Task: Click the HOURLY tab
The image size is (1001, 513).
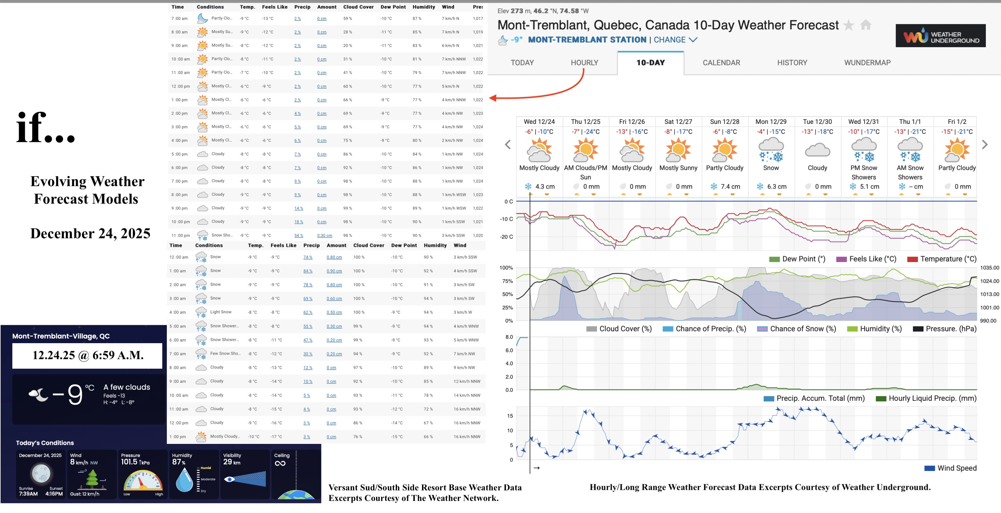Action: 584,63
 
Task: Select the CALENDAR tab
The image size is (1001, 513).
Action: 721,63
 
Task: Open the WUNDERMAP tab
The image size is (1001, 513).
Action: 867,63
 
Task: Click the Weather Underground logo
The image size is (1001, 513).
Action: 940,36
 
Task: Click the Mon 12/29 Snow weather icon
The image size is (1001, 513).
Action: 771,150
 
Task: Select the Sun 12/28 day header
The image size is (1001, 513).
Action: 724,122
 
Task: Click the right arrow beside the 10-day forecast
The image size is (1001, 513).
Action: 985,145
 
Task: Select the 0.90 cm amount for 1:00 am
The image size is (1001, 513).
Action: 334,271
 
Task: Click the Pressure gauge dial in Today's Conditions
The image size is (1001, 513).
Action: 143,481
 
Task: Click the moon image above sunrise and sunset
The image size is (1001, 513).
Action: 40,473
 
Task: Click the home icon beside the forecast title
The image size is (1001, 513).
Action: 865,25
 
